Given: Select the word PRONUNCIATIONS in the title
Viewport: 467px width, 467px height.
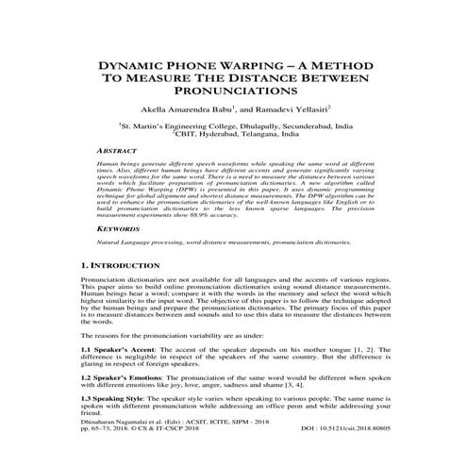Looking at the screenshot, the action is pyautogui.click(x=234, y=92).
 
